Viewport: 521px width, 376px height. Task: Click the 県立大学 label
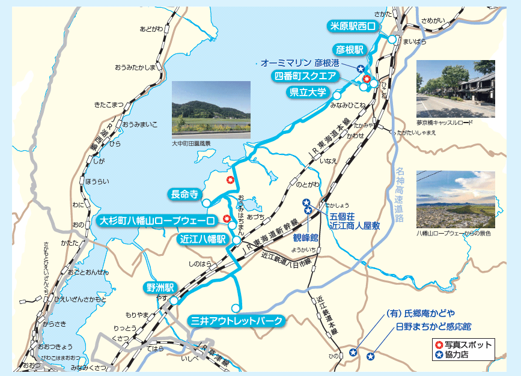[308, 92]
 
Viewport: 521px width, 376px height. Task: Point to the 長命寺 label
[184, 194]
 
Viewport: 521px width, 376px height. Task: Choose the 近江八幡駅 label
[203, 239]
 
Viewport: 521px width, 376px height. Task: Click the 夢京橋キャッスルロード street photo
[455, 88]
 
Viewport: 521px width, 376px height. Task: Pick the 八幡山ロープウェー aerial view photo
[455, 199]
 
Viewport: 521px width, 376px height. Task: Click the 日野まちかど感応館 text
[433, 327]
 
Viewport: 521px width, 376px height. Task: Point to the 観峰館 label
[305, 237]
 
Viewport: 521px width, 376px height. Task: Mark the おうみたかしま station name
[135, 67]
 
